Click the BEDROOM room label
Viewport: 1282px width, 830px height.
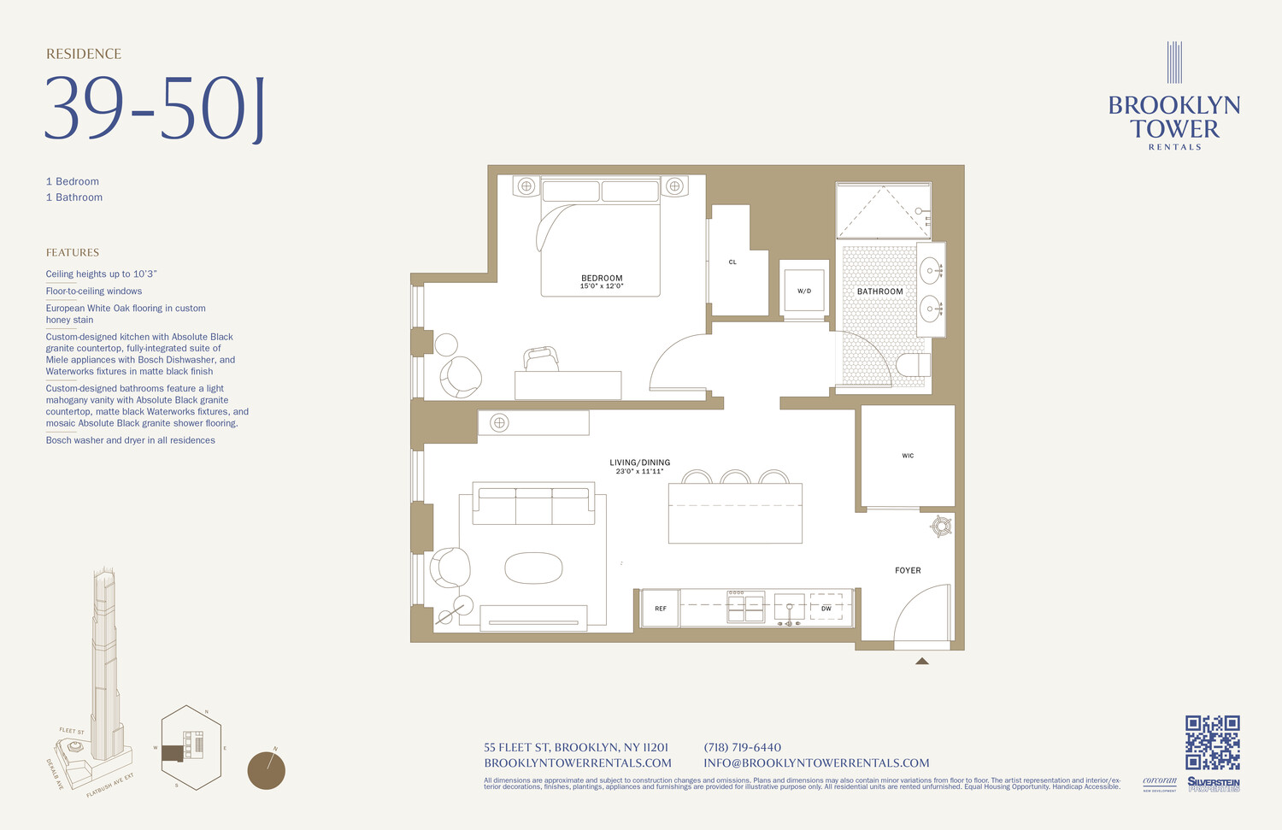(602, 279)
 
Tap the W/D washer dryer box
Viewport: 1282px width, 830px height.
(804, 291)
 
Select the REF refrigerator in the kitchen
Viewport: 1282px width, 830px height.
(660, 609)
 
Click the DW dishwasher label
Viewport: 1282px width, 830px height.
(826, 609)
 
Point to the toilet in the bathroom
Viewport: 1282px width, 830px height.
(912, 365)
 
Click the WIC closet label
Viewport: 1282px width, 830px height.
(908, 456)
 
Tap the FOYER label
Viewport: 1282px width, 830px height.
(908, 570)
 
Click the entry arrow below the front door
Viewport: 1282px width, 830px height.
(921, 661)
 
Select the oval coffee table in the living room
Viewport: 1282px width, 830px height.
(533, 568)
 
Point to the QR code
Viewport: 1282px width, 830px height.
(1212, 742)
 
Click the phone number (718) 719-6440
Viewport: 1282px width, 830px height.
(742, 748)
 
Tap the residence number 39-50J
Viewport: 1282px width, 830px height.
(155, 109)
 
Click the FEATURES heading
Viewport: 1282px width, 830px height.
(73, 253)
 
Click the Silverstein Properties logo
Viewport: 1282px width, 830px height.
(1213, 784)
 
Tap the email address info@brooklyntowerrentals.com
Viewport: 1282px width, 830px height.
(816, 763)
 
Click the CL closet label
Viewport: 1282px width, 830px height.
(732, 262)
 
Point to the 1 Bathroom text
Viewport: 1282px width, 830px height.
(74, 197)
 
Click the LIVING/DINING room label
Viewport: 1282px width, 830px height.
(639, 462)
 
